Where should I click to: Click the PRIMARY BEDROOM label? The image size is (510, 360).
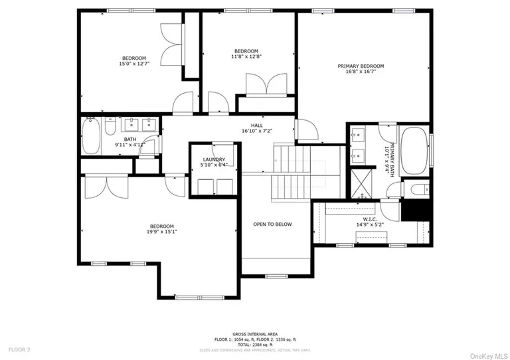tap(361, 66)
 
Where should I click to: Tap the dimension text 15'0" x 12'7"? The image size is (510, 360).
tap(133, 64)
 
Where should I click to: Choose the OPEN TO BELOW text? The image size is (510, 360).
tap(272, 225)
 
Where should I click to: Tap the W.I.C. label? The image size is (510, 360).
tap(370, 219)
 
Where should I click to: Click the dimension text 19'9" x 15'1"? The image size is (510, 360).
tap(161, 232)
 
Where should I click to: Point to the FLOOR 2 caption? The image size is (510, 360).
tap(19, 349)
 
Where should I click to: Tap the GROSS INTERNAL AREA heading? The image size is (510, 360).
tap(255, 333)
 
